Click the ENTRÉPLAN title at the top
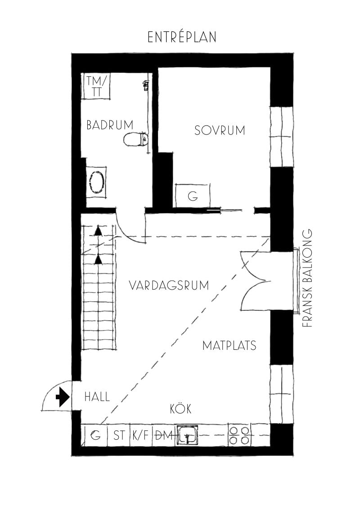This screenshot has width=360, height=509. click(x=182, y=37)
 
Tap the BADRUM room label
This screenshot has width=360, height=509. click(x=110, y=125)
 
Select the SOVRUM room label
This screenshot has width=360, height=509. click(x=220, y=130)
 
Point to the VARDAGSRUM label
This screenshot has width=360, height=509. click(x=168, y=286)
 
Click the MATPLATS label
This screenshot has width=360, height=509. click(x=229, y=345)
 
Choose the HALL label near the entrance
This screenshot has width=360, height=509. click(x=97, y=397)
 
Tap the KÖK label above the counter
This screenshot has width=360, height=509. click(x=180, y=409)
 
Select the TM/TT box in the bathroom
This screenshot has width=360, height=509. click(x=97, y=86)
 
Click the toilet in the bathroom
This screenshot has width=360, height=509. click(x=135, y=139)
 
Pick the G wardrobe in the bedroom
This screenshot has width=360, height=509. click(x=193, y=196)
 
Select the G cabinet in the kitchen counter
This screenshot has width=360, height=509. click(x=95, y=435)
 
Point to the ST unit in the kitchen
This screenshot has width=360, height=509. click(x=119, y=435)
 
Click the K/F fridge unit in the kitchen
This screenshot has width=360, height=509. click(x=141, y=435)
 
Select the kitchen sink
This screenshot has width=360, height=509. click(x=188, y=435)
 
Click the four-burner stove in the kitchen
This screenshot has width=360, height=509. click(x=239, y=435)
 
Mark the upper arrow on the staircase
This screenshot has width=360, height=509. click(x=98, y=231)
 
